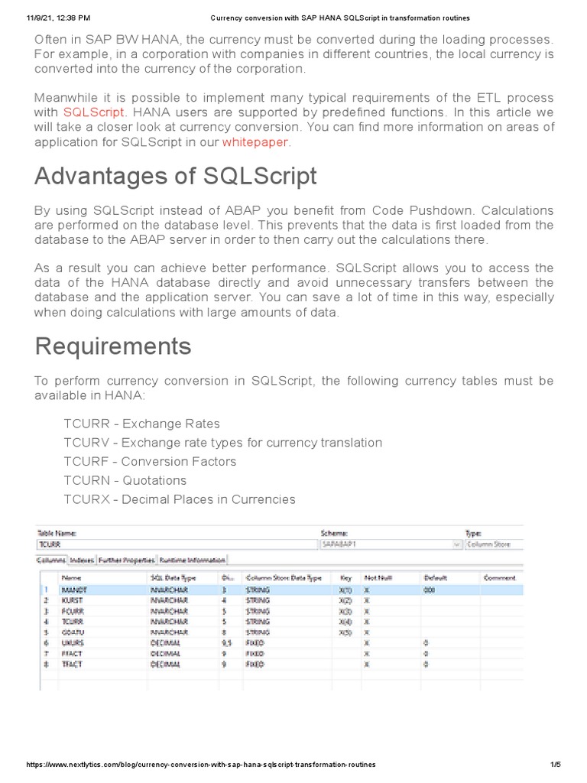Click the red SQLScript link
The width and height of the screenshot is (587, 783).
92,112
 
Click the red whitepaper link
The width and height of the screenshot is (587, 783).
256,142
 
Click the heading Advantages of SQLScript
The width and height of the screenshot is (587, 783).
176,177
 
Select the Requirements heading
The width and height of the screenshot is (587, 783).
113,346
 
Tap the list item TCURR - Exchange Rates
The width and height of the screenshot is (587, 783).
141,424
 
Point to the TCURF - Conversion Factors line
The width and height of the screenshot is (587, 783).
150,462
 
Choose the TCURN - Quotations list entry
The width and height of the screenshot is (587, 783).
125,480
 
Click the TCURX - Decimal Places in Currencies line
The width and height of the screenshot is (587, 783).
179,499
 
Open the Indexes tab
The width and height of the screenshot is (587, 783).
82,560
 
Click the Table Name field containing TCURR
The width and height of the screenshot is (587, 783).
176,544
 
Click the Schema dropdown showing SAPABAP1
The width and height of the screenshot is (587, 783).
390,544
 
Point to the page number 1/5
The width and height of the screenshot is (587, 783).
555,765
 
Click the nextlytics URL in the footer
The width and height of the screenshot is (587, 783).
201,765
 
